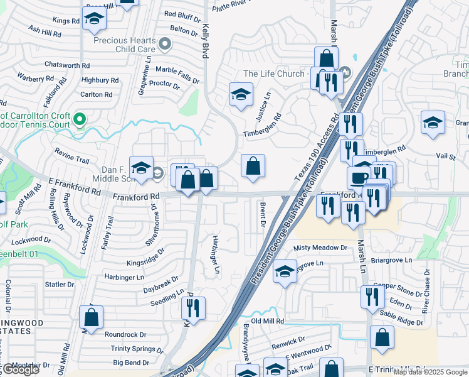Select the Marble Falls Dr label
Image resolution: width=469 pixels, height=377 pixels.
pyautogui.click(x=177, y=70)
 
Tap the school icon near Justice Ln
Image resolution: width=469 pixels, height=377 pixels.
pyautogui.click(x=241, y=95)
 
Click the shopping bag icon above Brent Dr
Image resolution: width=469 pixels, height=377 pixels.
pyautogui.click(x=253, y=167)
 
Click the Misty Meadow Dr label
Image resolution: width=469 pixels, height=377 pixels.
pyautogui.click(x=320, y=248)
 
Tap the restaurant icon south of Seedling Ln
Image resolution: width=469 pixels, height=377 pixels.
pyautogui.click(x=193, y=308)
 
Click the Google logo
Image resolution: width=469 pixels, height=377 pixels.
pyautogui.click(x=20, y=369)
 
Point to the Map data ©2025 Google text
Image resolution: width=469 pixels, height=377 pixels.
pyautogui.click(x=429, y=372)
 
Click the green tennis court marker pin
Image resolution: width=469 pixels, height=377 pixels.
pyautogui.click(x=79, y=118)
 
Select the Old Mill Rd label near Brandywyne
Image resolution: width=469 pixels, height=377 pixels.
pyautogui.click(x=268, y=320)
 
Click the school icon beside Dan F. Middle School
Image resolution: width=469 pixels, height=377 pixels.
pyautogui.click(x=142, y=168)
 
